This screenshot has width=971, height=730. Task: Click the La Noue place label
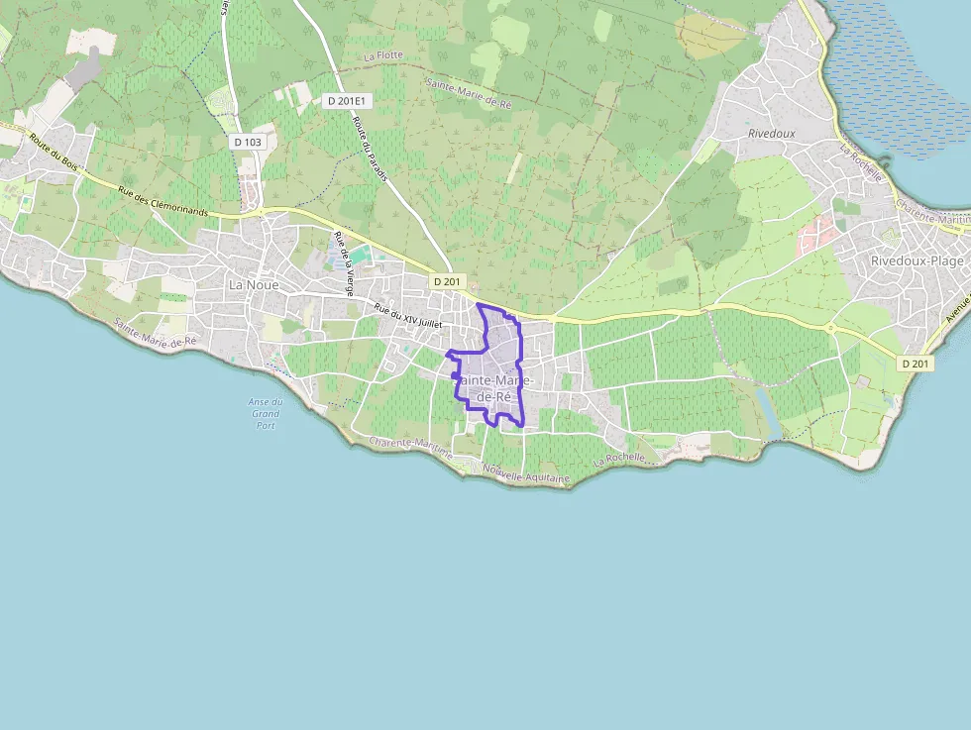point(254,284)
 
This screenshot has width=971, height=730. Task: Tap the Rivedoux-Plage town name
point(917,261)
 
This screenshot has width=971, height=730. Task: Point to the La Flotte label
point(383,56)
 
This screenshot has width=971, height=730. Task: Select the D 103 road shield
point(248,143)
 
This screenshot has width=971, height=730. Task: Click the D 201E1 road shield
point(347,100)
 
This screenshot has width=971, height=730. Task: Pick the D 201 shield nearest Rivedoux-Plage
point(917,364)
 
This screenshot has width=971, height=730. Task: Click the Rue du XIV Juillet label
point(408,317)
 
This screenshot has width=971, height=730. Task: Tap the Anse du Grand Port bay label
point(266,413)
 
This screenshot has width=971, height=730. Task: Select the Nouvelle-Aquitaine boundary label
point(527,475)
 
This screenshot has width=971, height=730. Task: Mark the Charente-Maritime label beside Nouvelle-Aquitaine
point(410,449)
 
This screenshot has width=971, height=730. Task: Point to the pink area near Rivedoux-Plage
point(818,234)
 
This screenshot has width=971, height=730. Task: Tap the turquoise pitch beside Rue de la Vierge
point(360,255)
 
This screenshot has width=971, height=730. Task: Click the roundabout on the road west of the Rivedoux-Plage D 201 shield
point(830,327)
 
